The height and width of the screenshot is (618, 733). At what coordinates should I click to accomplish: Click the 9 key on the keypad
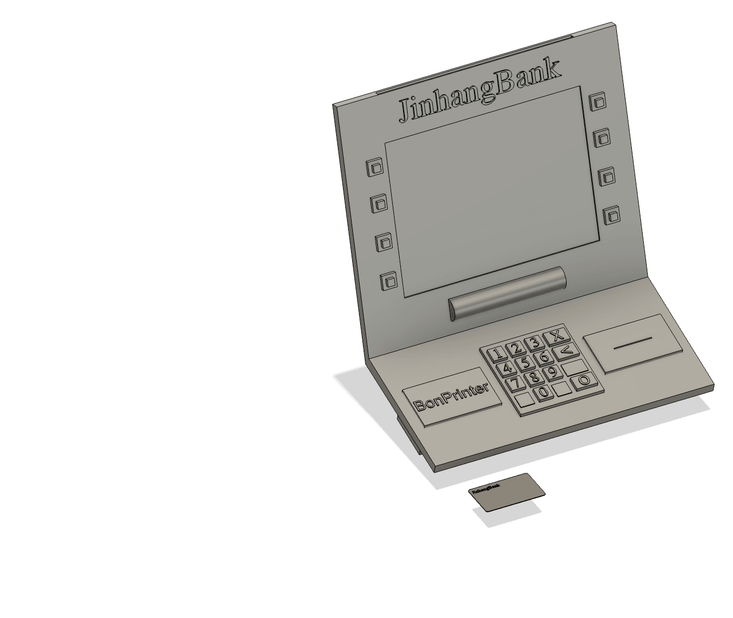click(x=552, y=373)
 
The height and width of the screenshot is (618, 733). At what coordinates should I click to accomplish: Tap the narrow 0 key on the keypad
click(x=543, y=393)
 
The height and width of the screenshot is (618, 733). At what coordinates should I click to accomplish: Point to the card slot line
click(x=632, y=342)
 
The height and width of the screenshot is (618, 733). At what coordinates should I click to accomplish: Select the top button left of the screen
click(x=375, y=168)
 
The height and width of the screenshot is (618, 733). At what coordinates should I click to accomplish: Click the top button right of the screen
click(x=598, y=102)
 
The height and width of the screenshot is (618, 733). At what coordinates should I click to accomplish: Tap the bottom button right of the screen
click(x=612, y=216)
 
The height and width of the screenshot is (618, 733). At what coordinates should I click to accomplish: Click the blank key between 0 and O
click(x=562, y=389)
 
